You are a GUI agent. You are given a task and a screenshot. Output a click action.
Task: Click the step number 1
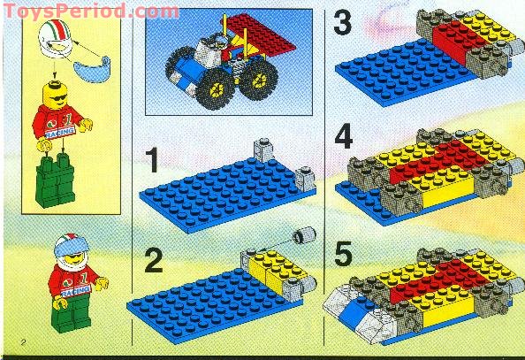151,160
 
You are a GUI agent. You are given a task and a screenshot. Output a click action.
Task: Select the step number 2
154,261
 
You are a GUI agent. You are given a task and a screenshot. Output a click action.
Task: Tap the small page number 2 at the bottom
8,340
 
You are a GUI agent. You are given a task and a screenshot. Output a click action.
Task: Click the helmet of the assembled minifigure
69,249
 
